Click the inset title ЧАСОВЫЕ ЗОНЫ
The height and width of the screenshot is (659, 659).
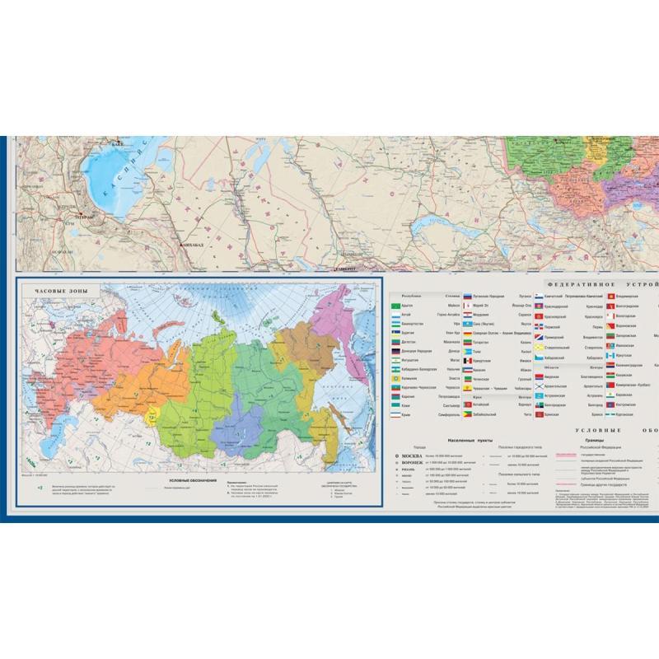[x=58, y=291]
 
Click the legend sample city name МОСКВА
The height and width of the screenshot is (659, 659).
[x=409, y=456]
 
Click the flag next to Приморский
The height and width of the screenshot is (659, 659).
[x=539, y=336]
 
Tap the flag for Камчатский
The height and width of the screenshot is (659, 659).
[x=539, y=296]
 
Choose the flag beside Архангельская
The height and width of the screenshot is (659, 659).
[x=539, y=386]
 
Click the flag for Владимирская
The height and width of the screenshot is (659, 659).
[x=610, y=296]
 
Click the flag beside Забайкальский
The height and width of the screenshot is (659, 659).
[x=467, y=414]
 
